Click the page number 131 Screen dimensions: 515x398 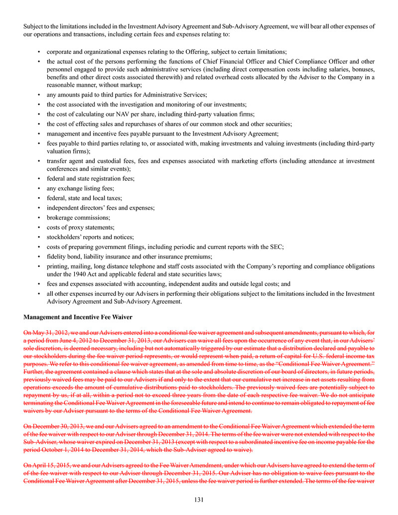pyautogui.click(x=199, y=499)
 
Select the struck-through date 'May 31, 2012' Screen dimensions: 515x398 pyautogui.click(x=48, y=332)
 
